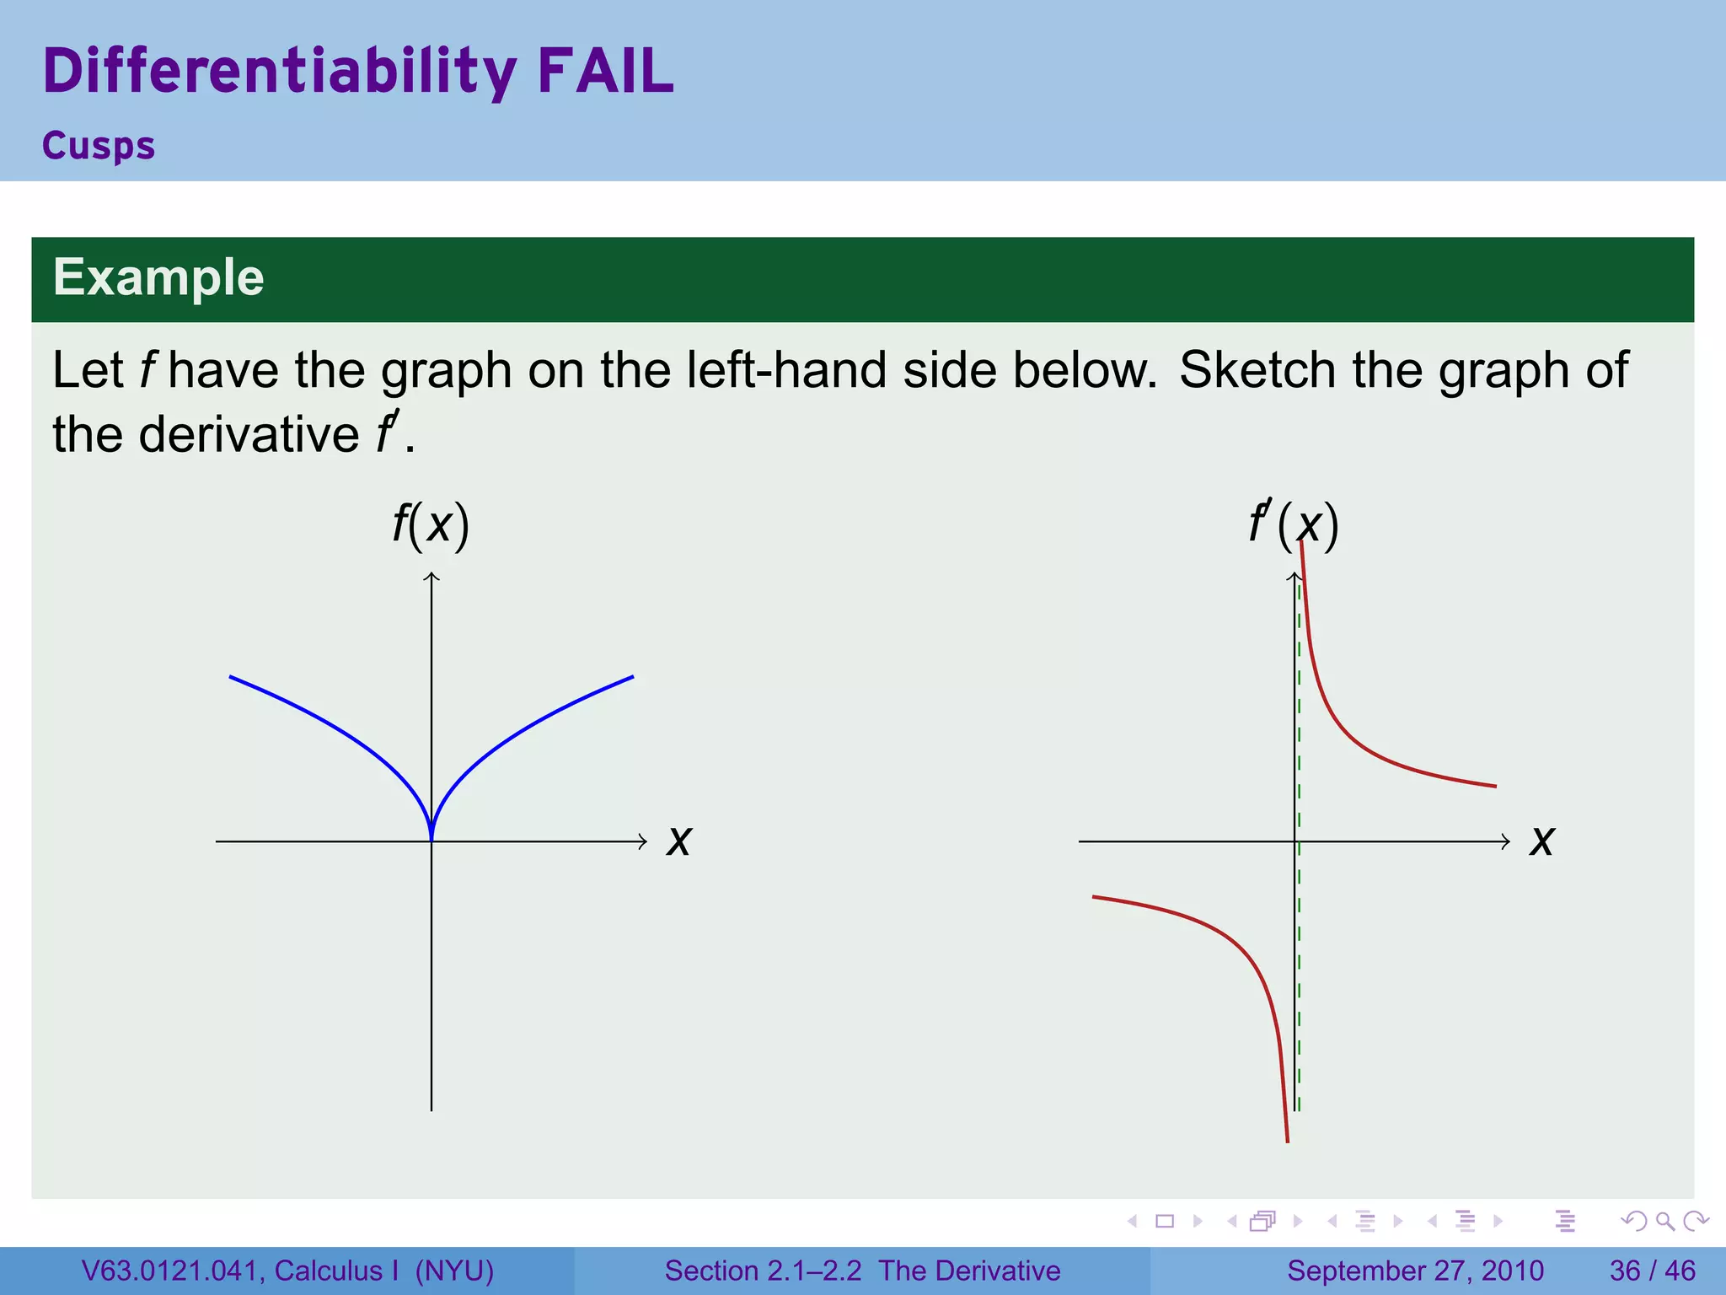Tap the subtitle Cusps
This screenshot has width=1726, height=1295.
(x=99, y=146)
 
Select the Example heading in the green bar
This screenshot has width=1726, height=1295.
(x=158, y=277)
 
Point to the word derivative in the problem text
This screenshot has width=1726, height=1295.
(x=249, y=434)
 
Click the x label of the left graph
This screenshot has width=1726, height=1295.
(x=678, y=841)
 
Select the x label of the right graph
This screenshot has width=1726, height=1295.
(x=1541, y=841)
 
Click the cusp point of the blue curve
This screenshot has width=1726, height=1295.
(x=431, y=838)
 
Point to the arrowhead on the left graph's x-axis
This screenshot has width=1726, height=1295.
(x=643, y=841)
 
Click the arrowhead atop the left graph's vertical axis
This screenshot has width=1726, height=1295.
(x=431, y=576)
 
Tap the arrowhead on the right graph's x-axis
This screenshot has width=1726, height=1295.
(x=1506, y=841)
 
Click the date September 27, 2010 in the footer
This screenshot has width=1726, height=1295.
(x=1415, y=1271)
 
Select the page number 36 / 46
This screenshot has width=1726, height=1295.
(x=1652, y=1271)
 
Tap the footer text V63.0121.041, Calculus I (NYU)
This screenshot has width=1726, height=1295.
(x=287, y=1271)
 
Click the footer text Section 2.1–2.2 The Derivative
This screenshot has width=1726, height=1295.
(x=862, y=1271)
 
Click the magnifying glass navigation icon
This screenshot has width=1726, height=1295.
(x=1664, y=1221)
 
